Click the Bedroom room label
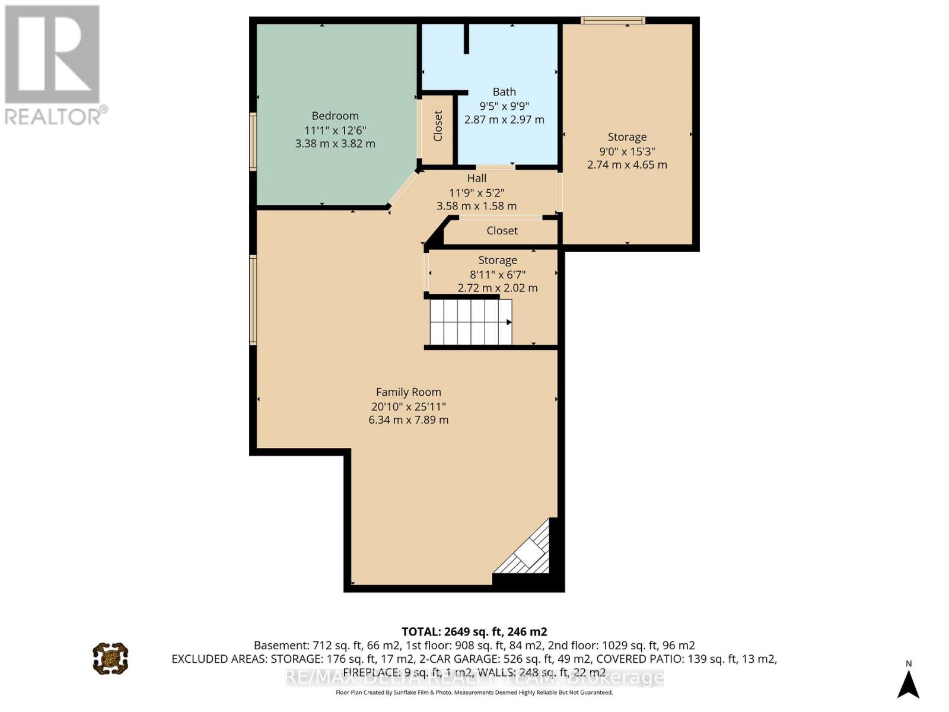[x=335, y=116]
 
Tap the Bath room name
[x=504, y=92]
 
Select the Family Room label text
[x=409, y=392]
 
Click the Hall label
[x=477, y=179]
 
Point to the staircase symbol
[x=470, y=322]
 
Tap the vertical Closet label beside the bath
[x=438, y=126]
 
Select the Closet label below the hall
[x=502, y=231]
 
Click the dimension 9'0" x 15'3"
[x=627, y=151]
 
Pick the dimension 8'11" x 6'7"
[x=498, y=275]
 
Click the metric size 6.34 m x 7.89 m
[x=409, y=420]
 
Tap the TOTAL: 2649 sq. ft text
[x=474, y=631]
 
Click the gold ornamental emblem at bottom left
[x=110, y=658]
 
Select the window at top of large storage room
[x=613, y=21]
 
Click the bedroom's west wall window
[x=253, y=141]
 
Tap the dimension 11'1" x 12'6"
[x=335, y=130]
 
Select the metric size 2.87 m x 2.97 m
[x=504, y=120]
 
